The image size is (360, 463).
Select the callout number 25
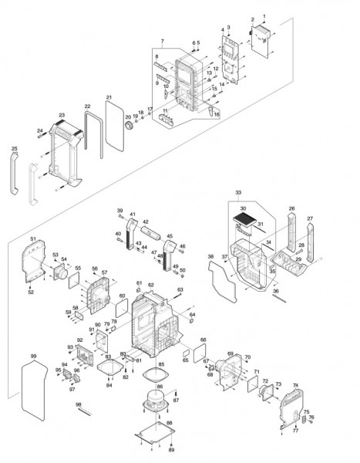(14, 148)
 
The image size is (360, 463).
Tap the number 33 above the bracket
(239, 191)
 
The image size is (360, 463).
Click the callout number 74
(295, 385)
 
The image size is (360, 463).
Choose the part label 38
(210, 256)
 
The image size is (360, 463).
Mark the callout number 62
(151, 285)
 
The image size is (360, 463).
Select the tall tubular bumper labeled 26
(291, 230)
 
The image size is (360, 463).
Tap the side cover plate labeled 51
(34, 262)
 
